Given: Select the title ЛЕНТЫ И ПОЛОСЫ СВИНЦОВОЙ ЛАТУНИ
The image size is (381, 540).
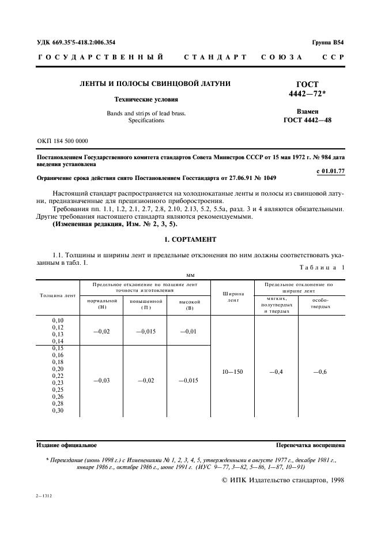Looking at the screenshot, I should tap(154, 84).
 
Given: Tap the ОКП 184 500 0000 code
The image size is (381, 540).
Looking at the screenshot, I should tap(62, 141).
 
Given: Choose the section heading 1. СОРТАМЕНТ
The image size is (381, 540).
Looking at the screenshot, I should tap(190, 239).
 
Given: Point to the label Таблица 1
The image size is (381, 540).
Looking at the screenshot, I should tap(322, 267).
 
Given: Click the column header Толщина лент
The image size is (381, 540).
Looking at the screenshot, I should tap(58, 295).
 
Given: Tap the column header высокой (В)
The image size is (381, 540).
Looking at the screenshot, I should tap(190, 304).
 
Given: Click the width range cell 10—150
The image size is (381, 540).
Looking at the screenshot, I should tap(232, 372).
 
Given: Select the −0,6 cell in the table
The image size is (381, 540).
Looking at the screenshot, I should tap(320, 372).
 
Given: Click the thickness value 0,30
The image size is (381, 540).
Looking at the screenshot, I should tap(58, 410).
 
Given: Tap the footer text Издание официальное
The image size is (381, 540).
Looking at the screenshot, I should tap(67, 445).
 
